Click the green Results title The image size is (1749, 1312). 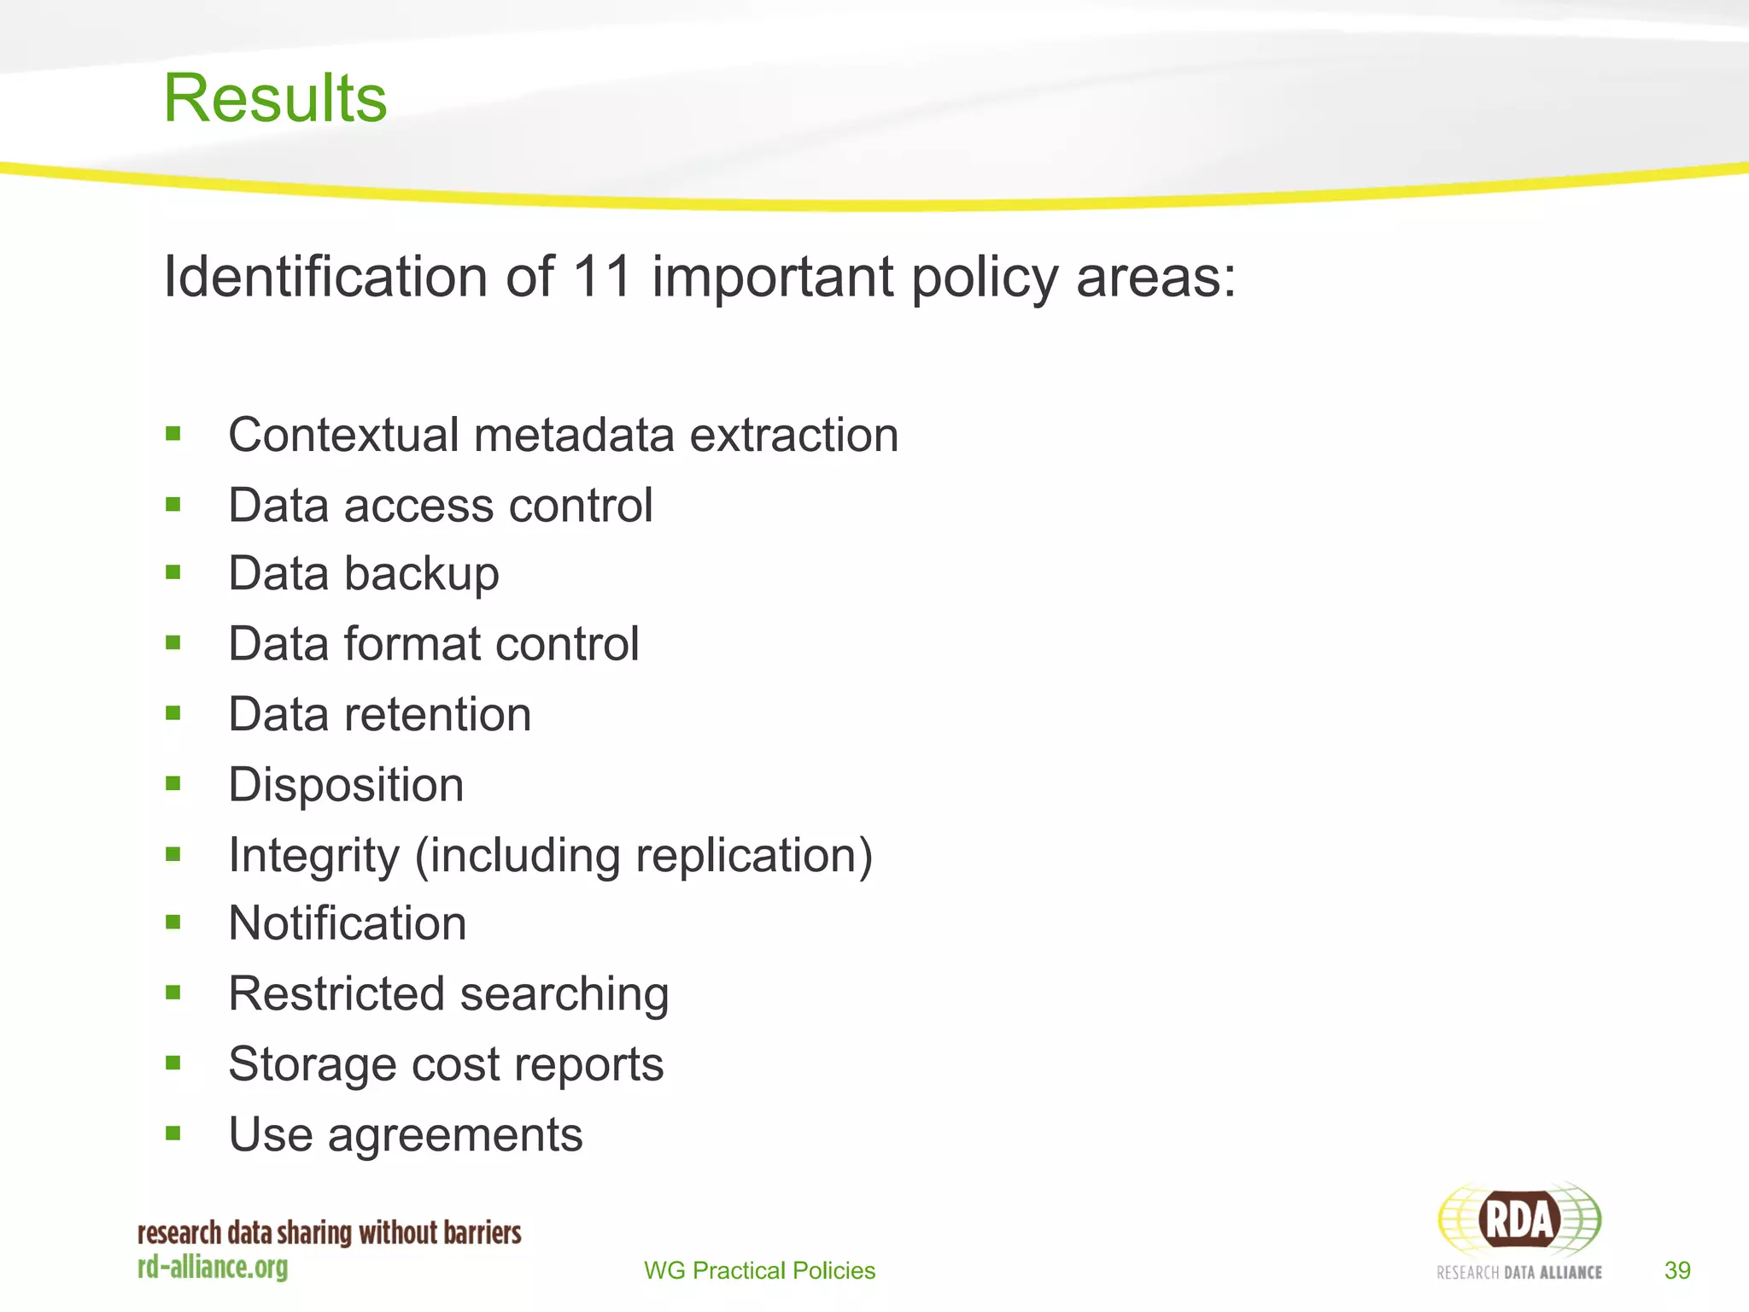pyautogui.click(x=275, y=98)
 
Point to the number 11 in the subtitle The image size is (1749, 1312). pyautogui.click(x=601, y=277)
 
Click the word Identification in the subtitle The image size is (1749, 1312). pyautogui.click(x=325, y=277)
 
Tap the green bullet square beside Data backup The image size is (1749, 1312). pyautogui.click(x=173, y=572)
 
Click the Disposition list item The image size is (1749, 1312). pyautogui.click(x=346, y=785)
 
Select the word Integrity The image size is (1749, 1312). pyautogui.click(x=313, y=856)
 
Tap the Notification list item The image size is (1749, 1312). pyautogui.click(x=348, y=924)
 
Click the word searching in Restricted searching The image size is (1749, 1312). pyautogui.click(x=564, y=995)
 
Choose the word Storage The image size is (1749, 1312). pyautogui.click(x=312, y=1065)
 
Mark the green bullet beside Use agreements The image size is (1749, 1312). pyautogui.click(x=173, y=1133)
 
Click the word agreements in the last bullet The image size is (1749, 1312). pyautogui.click(x=455, y=1136)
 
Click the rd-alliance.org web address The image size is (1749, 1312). pyautogui.click(x=213, y=1267)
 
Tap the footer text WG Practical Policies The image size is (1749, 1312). pyautogui.click(x=759, y=1271)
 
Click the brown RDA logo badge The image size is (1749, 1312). pyautogui.click(x=1518, y=1220)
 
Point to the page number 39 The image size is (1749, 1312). pyautogui.click(x=1677, y=1271)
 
